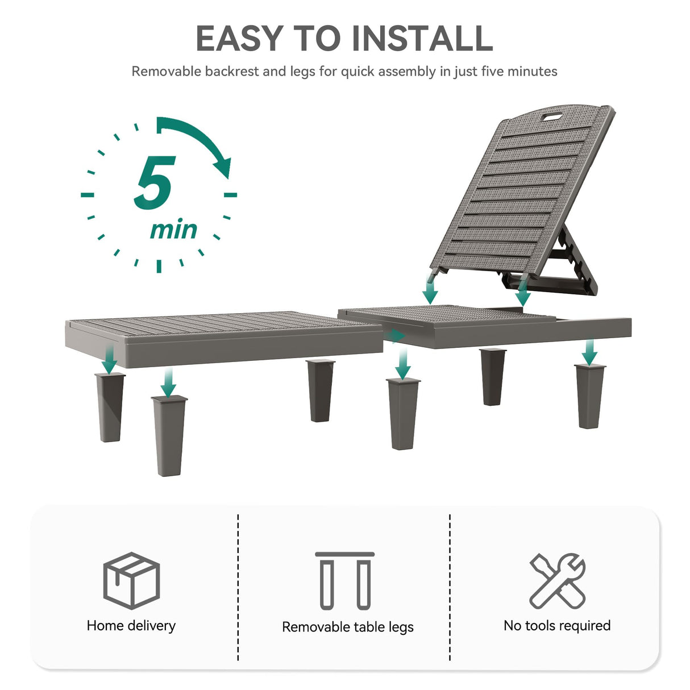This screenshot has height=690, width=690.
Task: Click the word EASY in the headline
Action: coord(239,38)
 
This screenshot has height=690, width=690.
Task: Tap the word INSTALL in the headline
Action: coord(422,38)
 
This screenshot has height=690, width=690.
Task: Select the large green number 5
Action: coord(155,182)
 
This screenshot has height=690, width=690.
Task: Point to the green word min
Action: coord(174,229)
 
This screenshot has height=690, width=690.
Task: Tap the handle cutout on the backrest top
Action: coord(552,117)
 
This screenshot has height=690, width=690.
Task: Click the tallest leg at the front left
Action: coord(169,435)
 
